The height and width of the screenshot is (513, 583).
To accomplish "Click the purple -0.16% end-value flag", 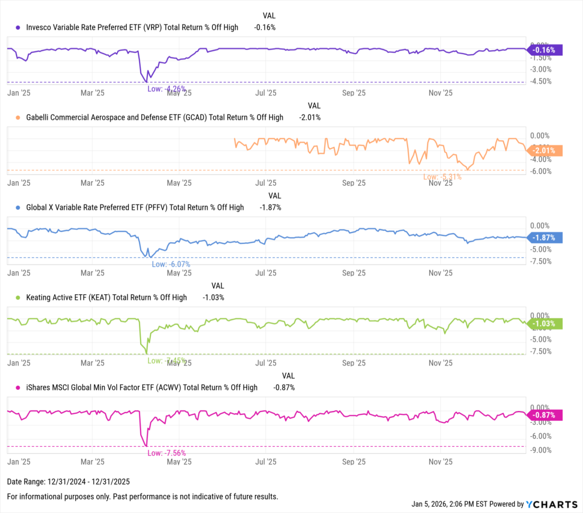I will click(545, 50).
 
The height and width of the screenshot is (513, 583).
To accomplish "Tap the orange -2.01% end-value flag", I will click(545, 150).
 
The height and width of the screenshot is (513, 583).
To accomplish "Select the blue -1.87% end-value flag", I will click(545, 238).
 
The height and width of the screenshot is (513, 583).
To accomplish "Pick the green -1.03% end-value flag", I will click(545, 324).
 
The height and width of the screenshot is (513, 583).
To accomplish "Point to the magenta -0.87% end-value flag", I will click(545, 416).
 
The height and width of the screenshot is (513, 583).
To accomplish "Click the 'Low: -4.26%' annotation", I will click(167, 89).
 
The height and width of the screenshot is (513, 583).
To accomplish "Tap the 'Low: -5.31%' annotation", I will click(442, 177).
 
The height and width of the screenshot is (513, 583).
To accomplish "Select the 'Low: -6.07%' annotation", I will click(171, 264).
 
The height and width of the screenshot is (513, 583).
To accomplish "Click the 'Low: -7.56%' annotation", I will click(166, 453).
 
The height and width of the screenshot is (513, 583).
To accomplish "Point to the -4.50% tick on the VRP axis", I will click(540, 81).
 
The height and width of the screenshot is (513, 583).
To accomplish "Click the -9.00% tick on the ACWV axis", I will click(540, 450).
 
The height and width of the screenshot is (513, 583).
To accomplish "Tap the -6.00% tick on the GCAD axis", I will click(540, 171).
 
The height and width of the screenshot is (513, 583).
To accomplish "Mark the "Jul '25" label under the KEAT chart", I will click(266, 363).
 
